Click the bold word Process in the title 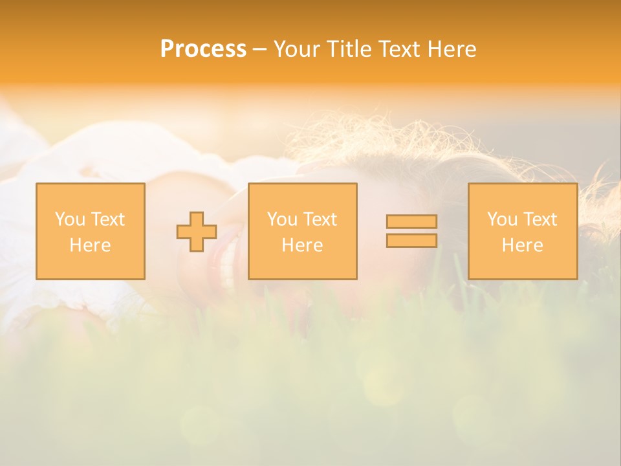pos(203,49)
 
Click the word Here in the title pos(453,49)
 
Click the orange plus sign pos(197,232)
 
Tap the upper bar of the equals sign pos(411,222)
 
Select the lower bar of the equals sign pos(411,241)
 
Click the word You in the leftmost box pos(69,219)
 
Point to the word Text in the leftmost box pos(107,219)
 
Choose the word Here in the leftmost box pos(90,245)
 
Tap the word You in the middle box pos(281,219)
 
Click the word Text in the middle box pos(320,219)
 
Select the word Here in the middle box pos(302,245)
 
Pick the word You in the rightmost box pos(501,219)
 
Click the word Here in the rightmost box pos(522,245)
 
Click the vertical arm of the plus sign pos(197,217)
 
